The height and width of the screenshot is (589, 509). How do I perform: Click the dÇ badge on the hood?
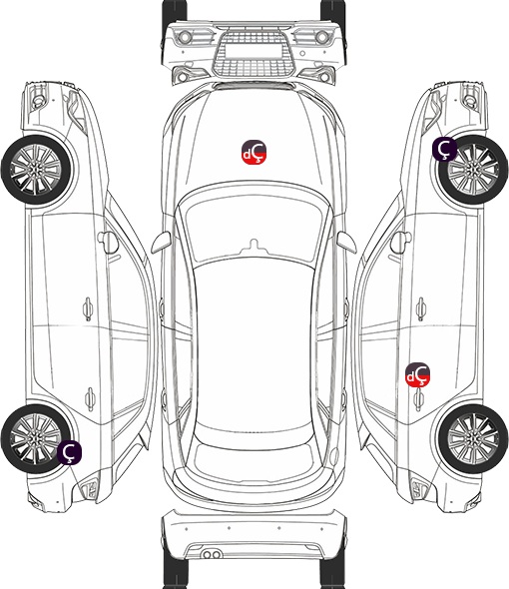click(254, 152)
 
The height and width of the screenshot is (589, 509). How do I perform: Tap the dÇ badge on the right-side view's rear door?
click(418, 374)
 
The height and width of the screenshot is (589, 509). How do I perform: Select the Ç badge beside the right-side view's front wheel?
click(445, 149)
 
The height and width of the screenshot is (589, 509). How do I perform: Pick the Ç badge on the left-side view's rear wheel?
click(70, 452)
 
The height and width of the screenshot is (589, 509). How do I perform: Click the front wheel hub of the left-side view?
click(35, 170)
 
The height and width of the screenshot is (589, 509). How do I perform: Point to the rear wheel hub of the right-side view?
click(473, 438)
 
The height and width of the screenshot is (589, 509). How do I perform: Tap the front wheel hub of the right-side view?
click(473, 170)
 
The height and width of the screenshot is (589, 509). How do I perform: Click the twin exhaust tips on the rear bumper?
click(212, 554)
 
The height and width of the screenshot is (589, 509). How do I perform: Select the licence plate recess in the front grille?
click(254, 51)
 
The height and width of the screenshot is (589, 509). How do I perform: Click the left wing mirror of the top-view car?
click(161, 242)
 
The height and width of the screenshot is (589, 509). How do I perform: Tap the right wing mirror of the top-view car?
click(346, 242)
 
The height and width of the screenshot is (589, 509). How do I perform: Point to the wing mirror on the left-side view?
click(108, 242)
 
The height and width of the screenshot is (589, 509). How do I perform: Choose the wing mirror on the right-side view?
click(401, 242)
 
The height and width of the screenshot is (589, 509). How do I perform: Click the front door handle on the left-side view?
click(88, 308)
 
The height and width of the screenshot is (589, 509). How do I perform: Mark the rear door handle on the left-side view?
click(90, 398)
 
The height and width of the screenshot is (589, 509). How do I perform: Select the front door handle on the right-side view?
click(421, 308)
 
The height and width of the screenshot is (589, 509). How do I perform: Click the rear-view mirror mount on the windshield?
click(254, 246)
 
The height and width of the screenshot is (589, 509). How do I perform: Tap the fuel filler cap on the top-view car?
click(334, 455)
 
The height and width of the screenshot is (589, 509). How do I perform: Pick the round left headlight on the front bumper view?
click(185, 37)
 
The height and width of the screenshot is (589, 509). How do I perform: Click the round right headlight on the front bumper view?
click(322, 37)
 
